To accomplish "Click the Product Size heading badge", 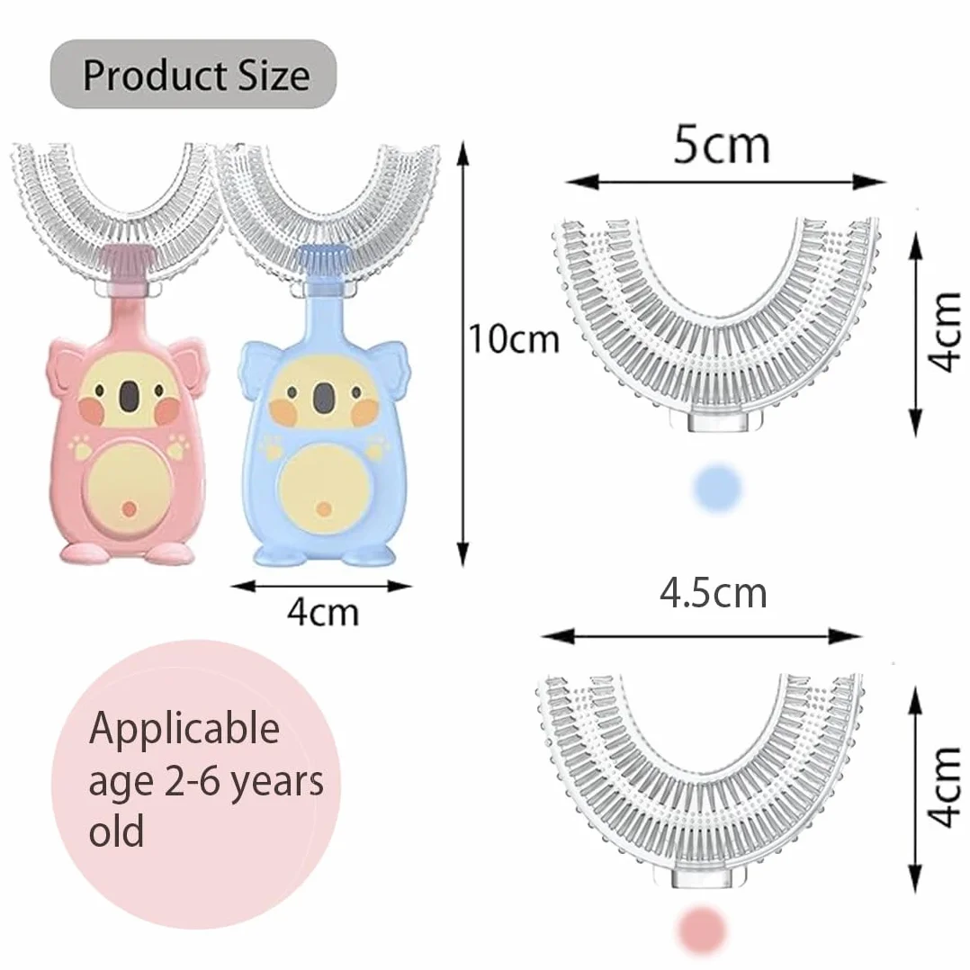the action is [x=193, y=75].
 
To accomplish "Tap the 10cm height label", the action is [x=514, y=339].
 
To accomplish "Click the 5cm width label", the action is [x=722, y=146].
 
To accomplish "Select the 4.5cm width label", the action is [x=713, y=593].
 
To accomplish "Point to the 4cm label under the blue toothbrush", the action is [x=323, y=612].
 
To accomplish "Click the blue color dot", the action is [x=717, y=487].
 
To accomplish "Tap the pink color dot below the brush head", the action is [x=701, y=929].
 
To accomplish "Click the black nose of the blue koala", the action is [x=322, y=398].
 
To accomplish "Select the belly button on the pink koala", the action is [x=129, y=508].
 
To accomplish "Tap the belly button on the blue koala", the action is [x=324, y=509].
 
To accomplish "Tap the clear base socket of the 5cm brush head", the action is [x=717, y=421].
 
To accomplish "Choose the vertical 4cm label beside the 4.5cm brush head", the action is [x=945, y=786].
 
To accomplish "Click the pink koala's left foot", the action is [x=85, y=552].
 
